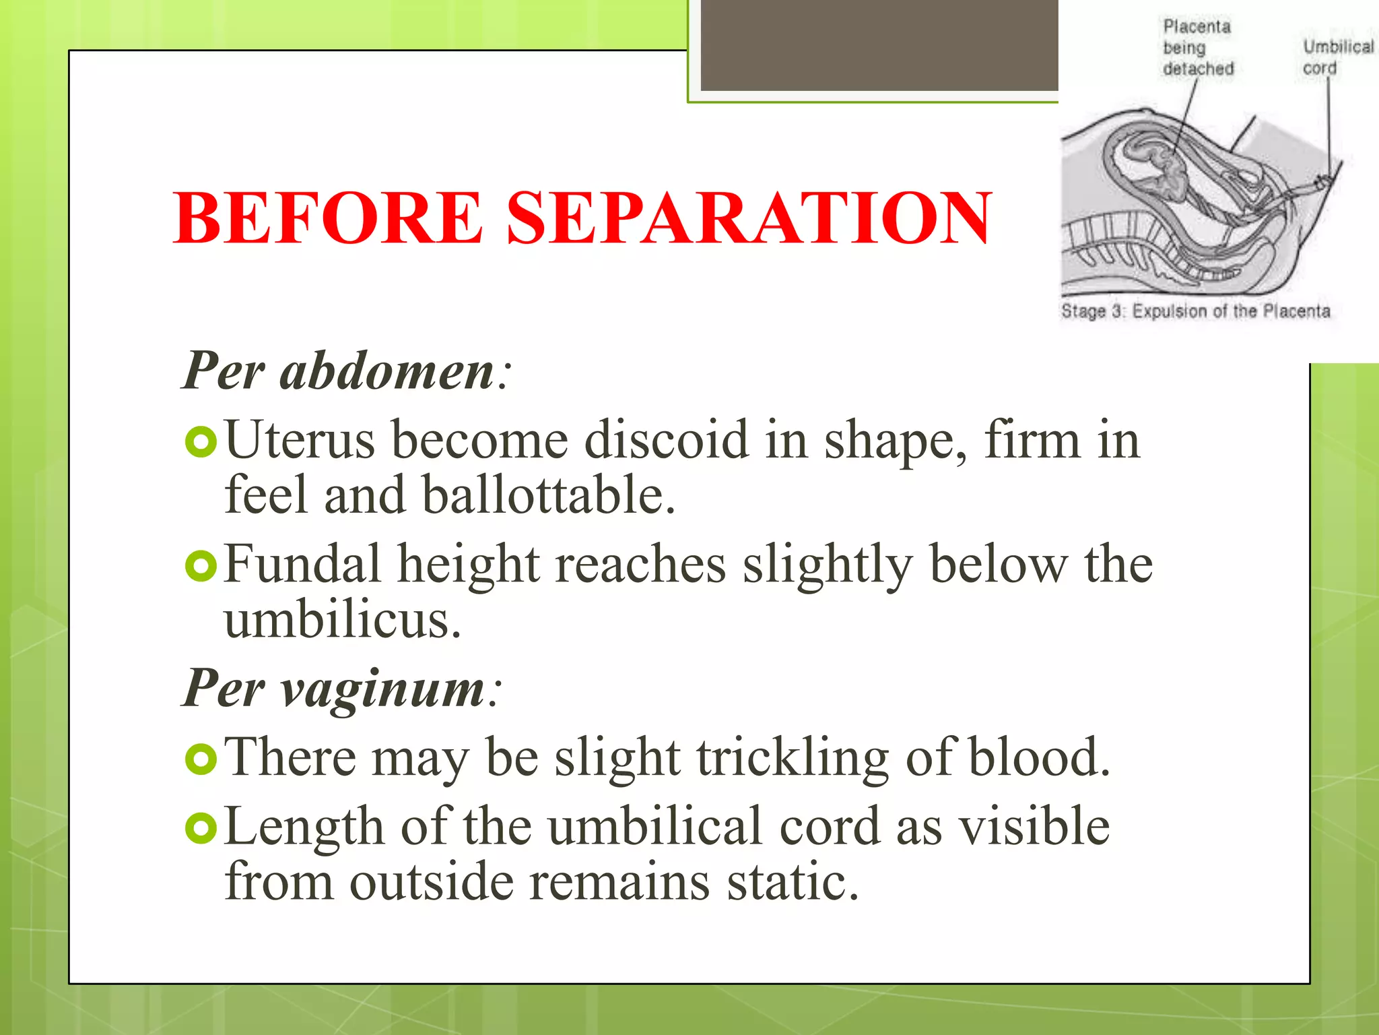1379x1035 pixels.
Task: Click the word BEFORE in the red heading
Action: (328, 218)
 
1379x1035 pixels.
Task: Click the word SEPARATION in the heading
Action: (749, 218)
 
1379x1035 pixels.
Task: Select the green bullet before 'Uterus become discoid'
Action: (201, 442)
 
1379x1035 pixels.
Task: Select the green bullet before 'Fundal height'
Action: (201, 566)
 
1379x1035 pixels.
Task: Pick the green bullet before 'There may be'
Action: (201, 759)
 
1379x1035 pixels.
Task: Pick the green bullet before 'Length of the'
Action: (201, 828)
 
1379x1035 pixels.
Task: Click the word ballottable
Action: (548, 495)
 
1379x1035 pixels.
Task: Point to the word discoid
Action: (666, 440)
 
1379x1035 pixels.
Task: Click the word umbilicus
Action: (342, 620)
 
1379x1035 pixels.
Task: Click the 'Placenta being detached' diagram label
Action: (1197, 48)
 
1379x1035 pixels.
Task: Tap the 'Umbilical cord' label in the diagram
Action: (1337, 57)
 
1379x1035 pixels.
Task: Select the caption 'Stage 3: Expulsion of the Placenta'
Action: (1195, 311)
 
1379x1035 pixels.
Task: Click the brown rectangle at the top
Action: (879, 44)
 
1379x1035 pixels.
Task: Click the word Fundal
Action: (302, 565)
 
